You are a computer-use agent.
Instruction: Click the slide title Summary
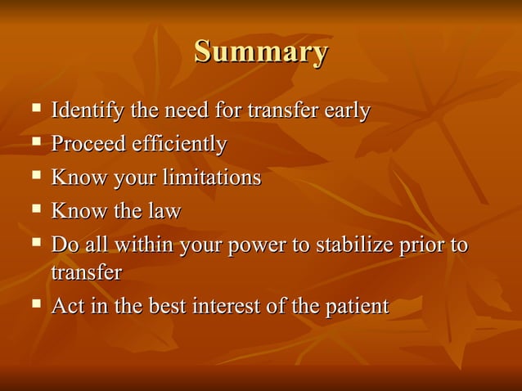click(x=261, y=52)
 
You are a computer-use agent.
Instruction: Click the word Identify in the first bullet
click(x=83, y=110)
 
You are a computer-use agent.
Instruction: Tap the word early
click(x=348, y=110)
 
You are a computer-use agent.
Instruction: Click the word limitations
click(x=214, y=178)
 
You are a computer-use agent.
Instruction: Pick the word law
click(x=164, y=211)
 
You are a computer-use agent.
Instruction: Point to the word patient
click(x=357, y=307)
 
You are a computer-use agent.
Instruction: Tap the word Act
click(x=66, y=307)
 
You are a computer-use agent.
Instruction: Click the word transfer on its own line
click(x=86, y=272)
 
